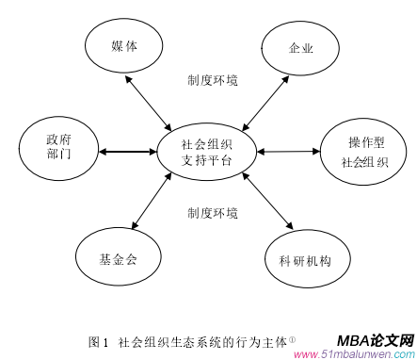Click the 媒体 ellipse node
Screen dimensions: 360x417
[x=123, y=46]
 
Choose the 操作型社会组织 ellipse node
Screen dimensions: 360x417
[x=362, y=152]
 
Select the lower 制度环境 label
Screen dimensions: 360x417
[x=212, y=212]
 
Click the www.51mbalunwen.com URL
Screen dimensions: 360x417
[x=354, y=354]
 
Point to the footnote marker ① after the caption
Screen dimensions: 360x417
[x=293, y=337]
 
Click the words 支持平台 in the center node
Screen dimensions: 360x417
[x=207, y=161]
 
